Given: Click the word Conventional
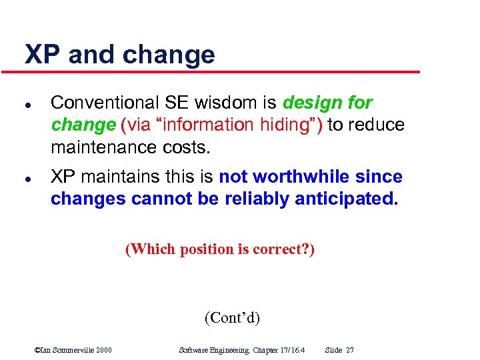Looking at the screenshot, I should (x=105, y=103).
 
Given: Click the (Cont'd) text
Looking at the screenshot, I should (x=232, y=317).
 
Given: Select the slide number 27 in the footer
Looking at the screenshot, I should (x=350, y=350).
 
